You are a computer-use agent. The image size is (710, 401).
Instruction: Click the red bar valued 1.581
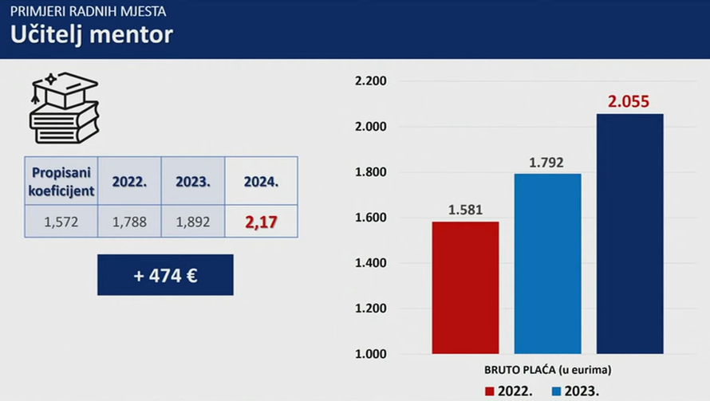[465, 288]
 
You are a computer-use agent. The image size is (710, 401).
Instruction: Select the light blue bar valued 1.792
[547, 264]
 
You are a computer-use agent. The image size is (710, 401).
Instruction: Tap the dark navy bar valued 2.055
[629, 234]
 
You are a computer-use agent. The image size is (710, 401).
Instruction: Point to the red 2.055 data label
[629, 102]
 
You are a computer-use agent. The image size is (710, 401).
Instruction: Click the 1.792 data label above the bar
[546, 163]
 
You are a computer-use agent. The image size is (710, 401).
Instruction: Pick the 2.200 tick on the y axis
[370, 81]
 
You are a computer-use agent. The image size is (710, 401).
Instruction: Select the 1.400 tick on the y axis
[370, 263]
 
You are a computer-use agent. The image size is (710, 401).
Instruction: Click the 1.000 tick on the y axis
[370, 354]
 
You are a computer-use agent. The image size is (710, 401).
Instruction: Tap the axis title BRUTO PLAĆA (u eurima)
[547, 370]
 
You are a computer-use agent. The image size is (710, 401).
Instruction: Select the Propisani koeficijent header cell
[61, 181]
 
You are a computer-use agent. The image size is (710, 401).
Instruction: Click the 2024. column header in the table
[261, 181]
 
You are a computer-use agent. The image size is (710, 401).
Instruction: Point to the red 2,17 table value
[261, 222]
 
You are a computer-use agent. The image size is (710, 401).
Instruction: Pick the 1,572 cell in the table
[61, 222]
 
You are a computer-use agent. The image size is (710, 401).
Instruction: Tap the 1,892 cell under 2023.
[193, 222]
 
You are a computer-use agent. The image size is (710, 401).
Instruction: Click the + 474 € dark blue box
[165, 275]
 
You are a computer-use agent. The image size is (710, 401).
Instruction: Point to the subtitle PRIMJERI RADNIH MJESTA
[88, 12]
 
